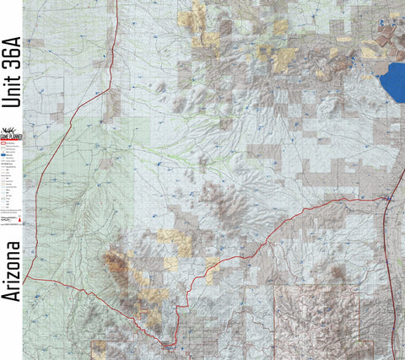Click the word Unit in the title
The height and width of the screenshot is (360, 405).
pos(12,93)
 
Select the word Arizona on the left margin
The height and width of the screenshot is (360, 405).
pos(12,271)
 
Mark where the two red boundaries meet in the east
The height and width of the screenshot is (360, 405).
pos(385,198)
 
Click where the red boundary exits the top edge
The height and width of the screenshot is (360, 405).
pos(116,3)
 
